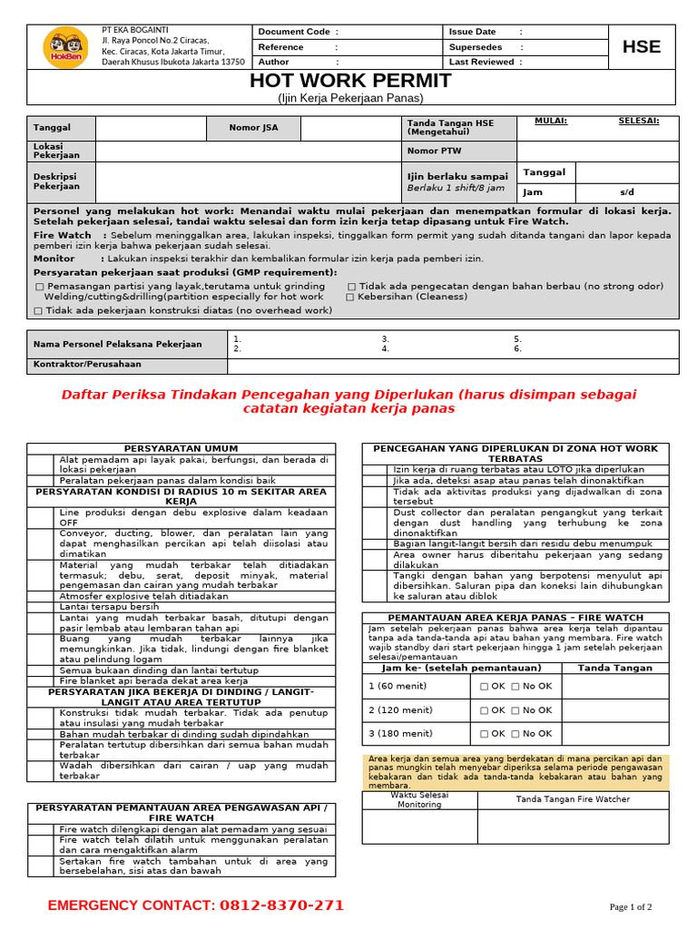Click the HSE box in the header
[642, 47]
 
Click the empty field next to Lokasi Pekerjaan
[245, 151]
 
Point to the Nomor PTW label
[434, 151]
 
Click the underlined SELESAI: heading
[639, 121]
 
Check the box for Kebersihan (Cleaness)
[350, 297]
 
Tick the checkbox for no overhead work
[38, 310]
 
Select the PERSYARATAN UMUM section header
[181, 448]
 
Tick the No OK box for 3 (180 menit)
[515, 734]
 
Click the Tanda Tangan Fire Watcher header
[573, 799]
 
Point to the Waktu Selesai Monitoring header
[419, 799]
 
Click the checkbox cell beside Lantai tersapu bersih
[41, 607]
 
